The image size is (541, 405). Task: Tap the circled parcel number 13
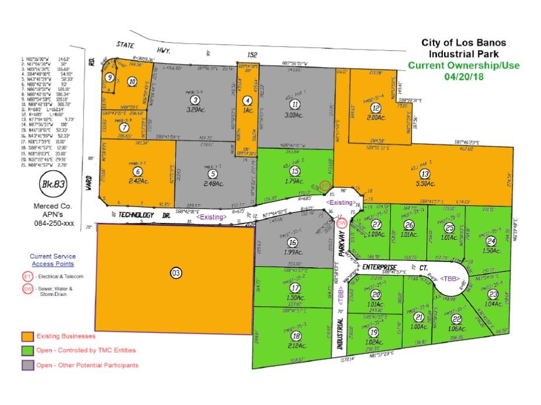coord(425,173)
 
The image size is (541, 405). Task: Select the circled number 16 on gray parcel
coord(292,242)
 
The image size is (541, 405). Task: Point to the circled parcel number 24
coord(491,241)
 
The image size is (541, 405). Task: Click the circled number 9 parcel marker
coord(109,77)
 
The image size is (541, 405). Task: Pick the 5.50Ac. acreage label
coord(425,184)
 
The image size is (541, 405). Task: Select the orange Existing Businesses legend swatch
coord(27,336)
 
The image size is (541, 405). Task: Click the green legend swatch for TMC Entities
coord(27,351)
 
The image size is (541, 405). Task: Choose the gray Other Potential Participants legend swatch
coord(27,365)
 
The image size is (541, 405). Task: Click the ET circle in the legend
coord(27,276)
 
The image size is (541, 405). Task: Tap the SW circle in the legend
coord(27,290)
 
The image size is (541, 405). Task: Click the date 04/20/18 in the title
coord(464,76)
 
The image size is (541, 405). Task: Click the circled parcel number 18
coord(296,336)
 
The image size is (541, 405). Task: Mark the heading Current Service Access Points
coord(53,260)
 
